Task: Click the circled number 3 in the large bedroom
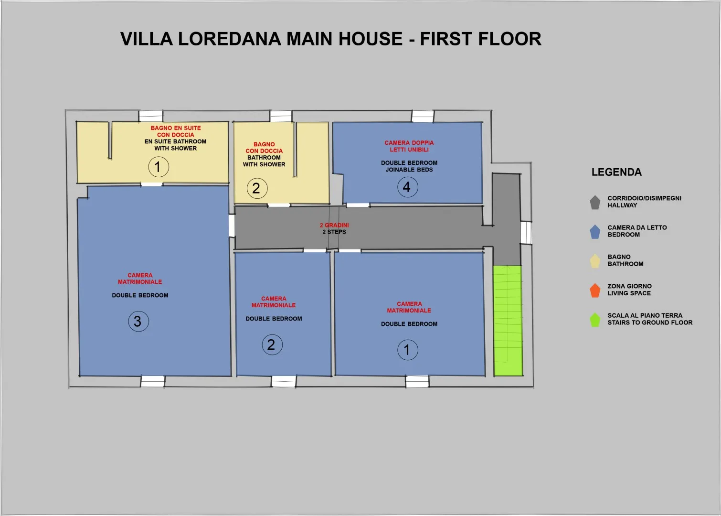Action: pyautogui.click(x=138, y=321)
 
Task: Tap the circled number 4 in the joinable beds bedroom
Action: pyautogui.click(x=408, y=187)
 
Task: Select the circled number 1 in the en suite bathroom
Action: pyautogui.click(x=159, y=167)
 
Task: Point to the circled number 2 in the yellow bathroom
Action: pyautogui.click(x=257, y=188)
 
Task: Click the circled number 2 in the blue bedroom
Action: pyautogui.click(x=272, y=344)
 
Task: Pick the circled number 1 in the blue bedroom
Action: pyautogui.click(x=408, y=350)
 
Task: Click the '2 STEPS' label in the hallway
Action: pyautogui.click(x=334, y=232)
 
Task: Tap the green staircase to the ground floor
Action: pyautogui.click(x=508, y=321)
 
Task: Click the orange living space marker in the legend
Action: pyautogui.click(x=595, y=290)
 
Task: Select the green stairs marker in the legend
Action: pyautogui.click(x=595, y=320)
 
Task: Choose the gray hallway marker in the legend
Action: pyautogui.click(x=595, y=202)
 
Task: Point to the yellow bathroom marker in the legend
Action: pyautogui.click(x=595, y=261)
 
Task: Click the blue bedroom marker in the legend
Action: pyautogui.click(x=595, y=232)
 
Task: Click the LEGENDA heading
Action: pyautogui.click(x=616, y=172)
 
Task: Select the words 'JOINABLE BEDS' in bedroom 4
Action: pyautogui.click(x=409, y=170)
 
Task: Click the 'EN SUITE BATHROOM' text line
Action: pyautogui.click(x=175, y=141)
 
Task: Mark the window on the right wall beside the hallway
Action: pyautogui.click(x=526, y=233)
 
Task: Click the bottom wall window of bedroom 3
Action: pyautogui.click(x=153, y=381)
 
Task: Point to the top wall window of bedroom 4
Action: pyautogui.click(x=423, y=116)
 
